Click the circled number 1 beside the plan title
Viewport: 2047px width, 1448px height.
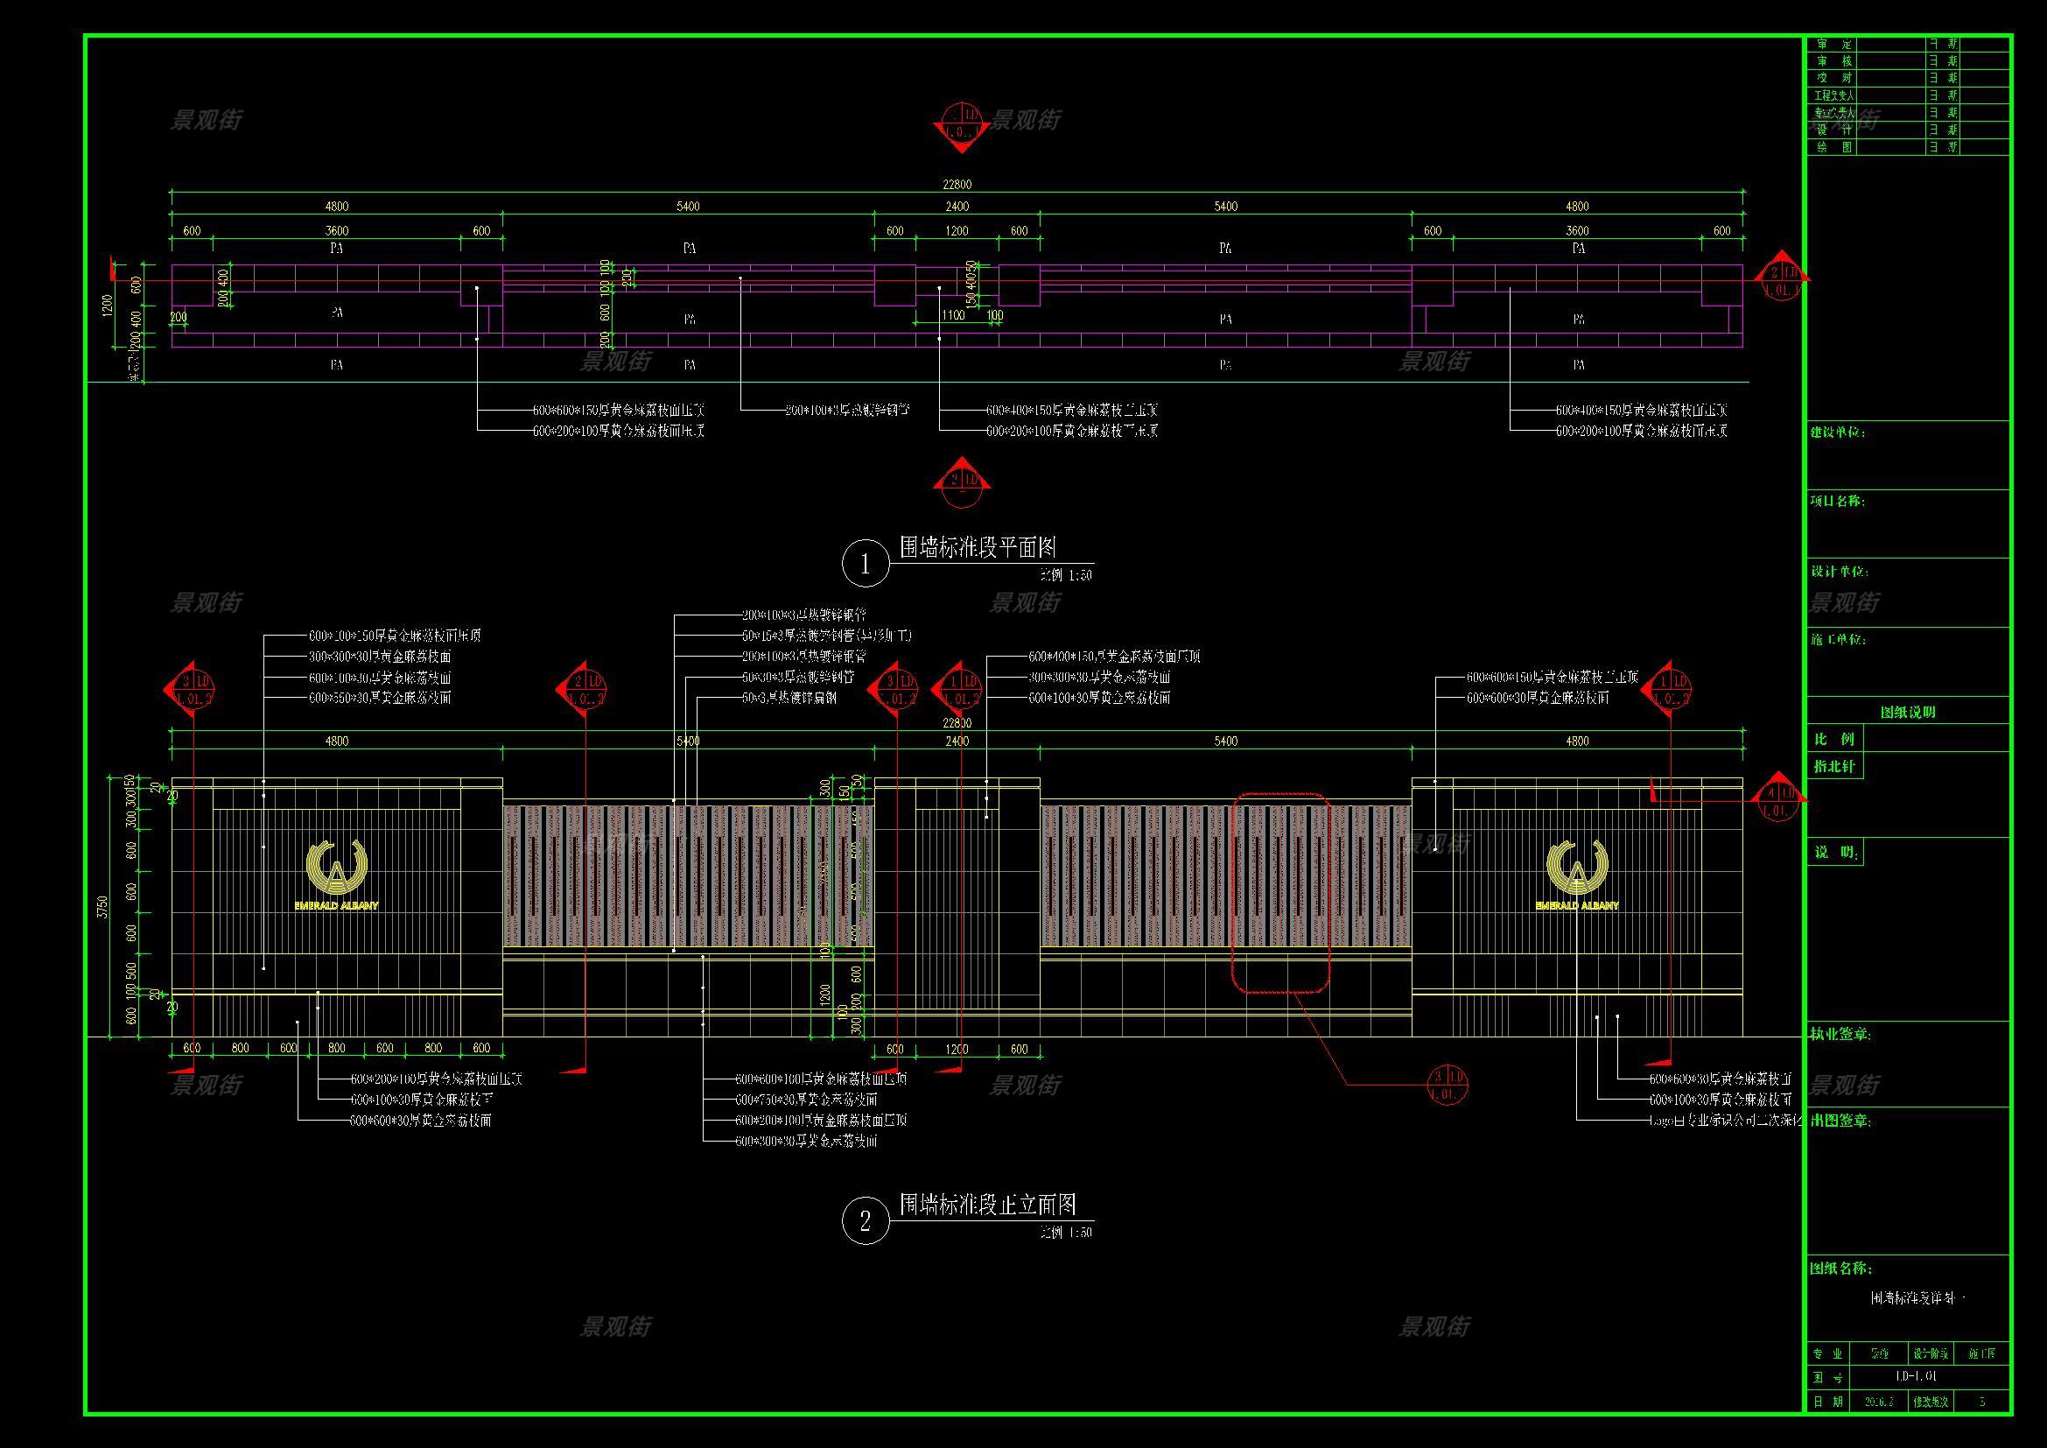tap(865, 564)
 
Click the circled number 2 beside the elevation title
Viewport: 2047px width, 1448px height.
tap(865, 1220)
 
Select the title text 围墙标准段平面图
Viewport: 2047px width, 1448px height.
tap(978, 547)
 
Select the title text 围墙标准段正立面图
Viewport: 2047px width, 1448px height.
tap(987, 1205)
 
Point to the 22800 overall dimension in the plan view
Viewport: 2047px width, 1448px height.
tap(957, 185)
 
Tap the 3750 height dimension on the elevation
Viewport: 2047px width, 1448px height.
tap(103, 908)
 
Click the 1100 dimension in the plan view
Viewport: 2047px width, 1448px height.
tap(953, 315)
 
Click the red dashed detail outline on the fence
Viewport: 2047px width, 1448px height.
tap(1280, 891)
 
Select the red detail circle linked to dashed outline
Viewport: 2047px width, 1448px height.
tap(1446, 1083)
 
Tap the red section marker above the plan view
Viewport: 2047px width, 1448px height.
tap(961, 124)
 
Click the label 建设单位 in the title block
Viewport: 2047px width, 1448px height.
tap(1838, 432)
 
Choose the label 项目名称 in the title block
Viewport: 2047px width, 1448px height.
tap(1838, 501)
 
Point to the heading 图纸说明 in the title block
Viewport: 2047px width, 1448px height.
tap(1907, 712)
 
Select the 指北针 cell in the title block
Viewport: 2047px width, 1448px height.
tap(1834, 766)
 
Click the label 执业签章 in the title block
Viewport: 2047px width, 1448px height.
tap(1840, 1034)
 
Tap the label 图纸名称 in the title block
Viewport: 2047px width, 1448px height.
tap(1840, 1268)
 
